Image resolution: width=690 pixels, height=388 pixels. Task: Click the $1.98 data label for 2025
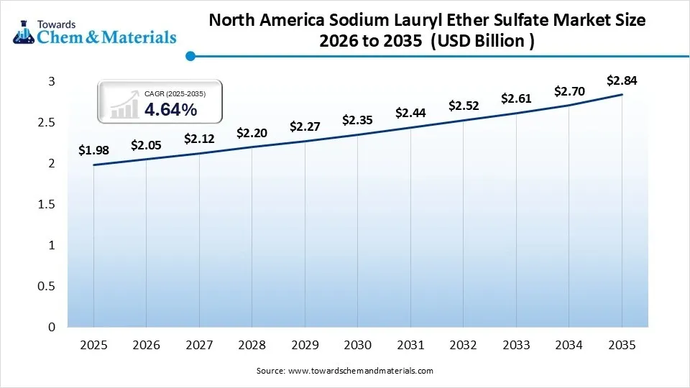point(93,150)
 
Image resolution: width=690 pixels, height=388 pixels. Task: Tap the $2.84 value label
point(622,80)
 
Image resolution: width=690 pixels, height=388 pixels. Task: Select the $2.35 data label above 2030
point(357,120)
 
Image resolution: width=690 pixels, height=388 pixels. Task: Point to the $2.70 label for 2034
point(569,91)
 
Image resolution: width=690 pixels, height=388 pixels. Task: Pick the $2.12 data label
point(199,139)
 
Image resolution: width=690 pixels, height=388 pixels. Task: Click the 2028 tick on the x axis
point(252,346)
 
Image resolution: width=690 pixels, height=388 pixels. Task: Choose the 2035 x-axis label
point(622,346)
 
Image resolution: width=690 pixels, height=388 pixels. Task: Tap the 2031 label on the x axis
point(410,346)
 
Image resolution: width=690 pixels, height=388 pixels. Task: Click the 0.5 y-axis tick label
point(46,287)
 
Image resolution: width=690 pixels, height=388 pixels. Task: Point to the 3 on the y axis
point(52,82)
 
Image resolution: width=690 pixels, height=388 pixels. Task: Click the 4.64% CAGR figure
point(170,109)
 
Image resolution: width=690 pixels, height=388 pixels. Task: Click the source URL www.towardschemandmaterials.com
point(360,371)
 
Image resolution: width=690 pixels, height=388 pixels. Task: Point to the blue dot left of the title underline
point(190,55)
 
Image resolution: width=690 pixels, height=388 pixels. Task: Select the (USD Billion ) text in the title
point(482,40)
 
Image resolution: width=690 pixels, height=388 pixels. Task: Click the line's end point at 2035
point(622,95)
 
